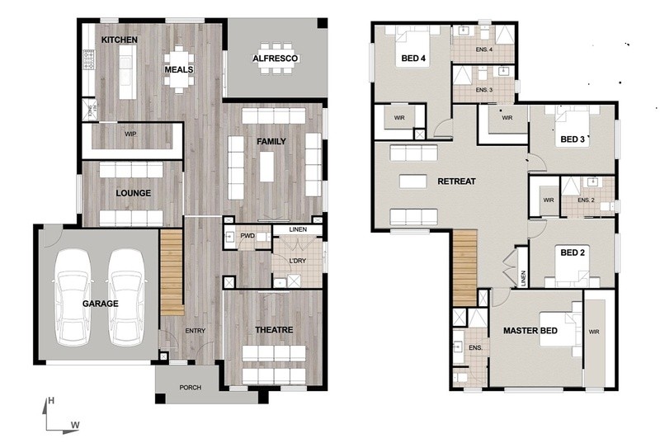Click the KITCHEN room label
[x=120, y=40]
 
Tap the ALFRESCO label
[x=276, y=59]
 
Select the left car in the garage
[x=73, y=297]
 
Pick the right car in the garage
[x=127, y=297]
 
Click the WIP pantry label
[x=130, y=134]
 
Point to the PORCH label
[x=191, y=388]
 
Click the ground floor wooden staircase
[x=172, y=272]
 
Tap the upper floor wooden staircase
[x=464, y=268]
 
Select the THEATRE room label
[x=274, y=330]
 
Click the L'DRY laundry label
[x=298, y=261]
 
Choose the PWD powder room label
[x=247, y=236]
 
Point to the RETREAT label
[x=457, y=182]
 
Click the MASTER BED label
[x=530, y=331]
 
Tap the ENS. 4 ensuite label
[x=484, y=50]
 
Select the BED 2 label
[x=573, y=252]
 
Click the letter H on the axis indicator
[x=51, y=400]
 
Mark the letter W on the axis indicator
[x=75, y=425]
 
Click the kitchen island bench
[x=128, y=72]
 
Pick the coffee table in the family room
[x=266, y=167]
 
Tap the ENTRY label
[x=196, y=331]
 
